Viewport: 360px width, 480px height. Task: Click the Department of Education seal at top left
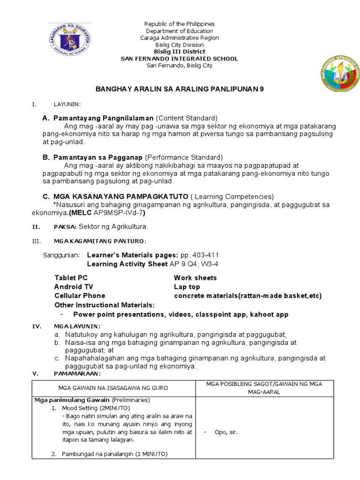(69, 39)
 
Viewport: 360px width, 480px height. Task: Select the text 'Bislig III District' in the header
(180, 52)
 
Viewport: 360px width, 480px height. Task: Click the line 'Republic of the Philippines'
(180, 24)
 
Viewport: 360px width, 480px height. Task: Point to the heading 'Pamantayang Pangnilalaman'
(104, 118)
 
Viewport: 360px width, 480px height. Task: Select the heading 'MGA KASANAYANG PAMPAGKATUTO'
(121, 196)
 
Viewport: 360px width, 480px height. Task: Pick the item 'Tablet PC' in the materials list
(71, 278)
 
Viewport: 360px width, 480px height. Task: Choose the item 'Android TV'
(74, 287)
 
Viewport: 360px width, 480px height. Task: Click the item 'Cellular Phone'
(80, 296)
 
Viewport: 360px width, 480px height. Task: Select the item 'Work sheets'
(195, 278)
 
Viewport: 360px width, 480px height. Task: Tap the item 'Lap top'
(187, 287)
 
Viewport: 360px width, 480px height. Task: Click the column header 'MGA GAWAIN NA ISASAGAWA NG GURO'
(113, 388)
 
